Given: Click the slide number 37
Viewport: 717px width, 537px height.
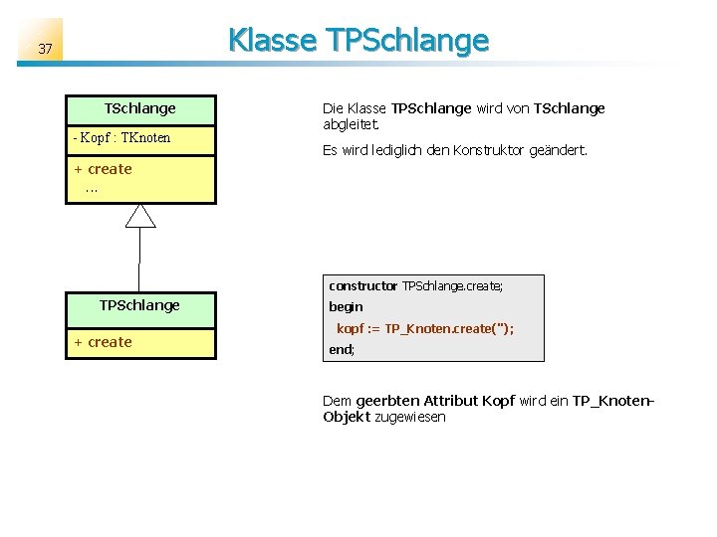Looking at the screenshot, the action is (45, 49).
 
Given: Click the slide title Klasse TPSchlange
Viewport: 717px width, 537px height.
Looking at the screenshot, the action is (358, 40).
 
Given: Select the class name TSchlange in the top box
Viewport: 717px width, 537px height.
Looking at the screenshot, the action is (140, 108).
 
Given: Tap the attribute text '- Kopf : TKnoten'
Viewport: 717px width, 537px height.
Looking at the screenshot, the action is (121, 137).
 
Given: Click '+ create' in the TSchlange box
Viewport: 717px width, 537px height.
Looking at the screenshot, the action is (103, 169).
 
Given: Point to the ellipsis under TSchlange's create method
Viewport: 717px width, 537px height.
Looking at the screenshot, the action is (92, 187).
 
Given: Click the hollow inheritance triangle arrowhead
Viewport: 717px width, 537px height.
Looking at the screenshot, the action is (140, 216).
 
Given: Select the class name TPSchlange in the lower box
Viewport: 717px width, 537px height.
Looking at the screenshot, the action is (140, 305).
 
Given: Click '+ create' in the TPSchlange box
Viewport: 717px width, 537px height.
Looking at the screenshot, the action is (103, 342).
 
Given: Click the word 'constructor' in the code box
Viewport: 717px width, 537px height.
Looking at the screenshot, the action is (362, 286).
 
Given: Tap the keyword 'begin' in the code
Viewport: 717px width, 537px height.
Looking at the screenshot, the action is (346, 307).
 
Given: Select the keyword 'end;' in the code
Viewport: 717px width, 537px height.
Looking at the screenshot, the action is (342, 350).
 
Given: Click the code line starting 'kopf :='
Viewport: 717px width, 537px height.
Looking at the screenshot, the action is (425, 328).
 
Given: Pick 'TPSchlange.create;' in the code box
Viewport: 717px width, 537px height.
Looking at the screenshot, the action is (452, 286).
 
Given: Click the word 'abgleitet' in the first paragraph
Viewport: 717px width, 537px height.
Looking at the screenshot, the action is (352, 125).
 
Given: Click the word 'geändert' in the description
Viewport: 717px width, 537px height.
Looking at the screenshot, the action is (558, 151).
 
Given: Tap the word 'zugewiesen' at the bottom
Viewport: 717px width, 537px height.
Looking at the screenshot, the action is (410, 417).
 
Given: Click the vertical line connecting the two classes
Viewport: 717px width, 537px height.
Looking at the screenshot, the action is (139, 259).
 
